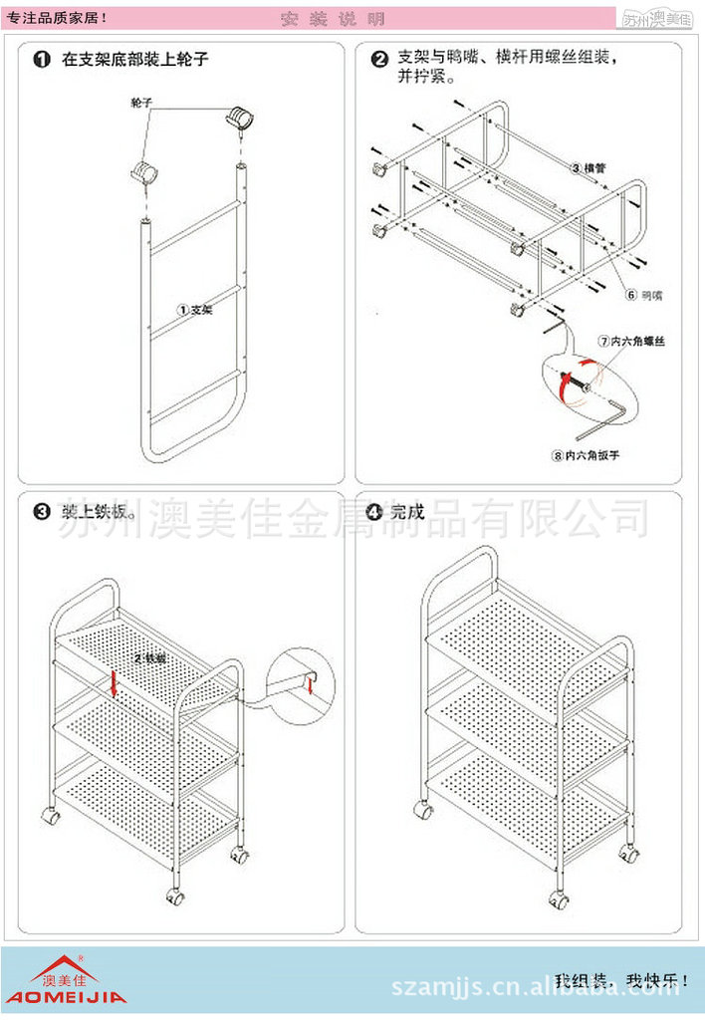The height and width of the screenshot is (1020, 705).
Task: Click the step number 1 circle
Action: pyautogui.click(x=42, y=60)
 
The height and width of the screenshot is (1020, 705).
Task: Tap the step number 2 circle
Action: pyautogui.click(x=379, y=60)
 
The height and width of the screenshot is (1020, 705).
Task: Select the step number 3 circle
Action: pyautogui.click(x=42, y=513)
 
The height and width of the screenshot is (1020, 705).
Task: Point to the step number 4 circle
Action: pyautogui.click(x=374, y=513)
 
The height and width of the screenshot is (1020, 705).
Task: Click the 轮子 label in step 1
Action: pyautogui.click(x=141, y=103)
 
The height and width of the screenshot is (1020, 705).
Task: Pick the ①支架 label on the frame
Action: pyautogui.click(x=196, y=310)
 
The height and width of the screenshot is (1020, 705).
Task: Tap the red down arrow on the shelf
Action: pyautogui.click(x=116, y=684)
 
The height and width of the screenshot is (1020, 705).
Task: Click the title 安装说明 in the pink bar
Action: pyautogui.click(x=333, y=19)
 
